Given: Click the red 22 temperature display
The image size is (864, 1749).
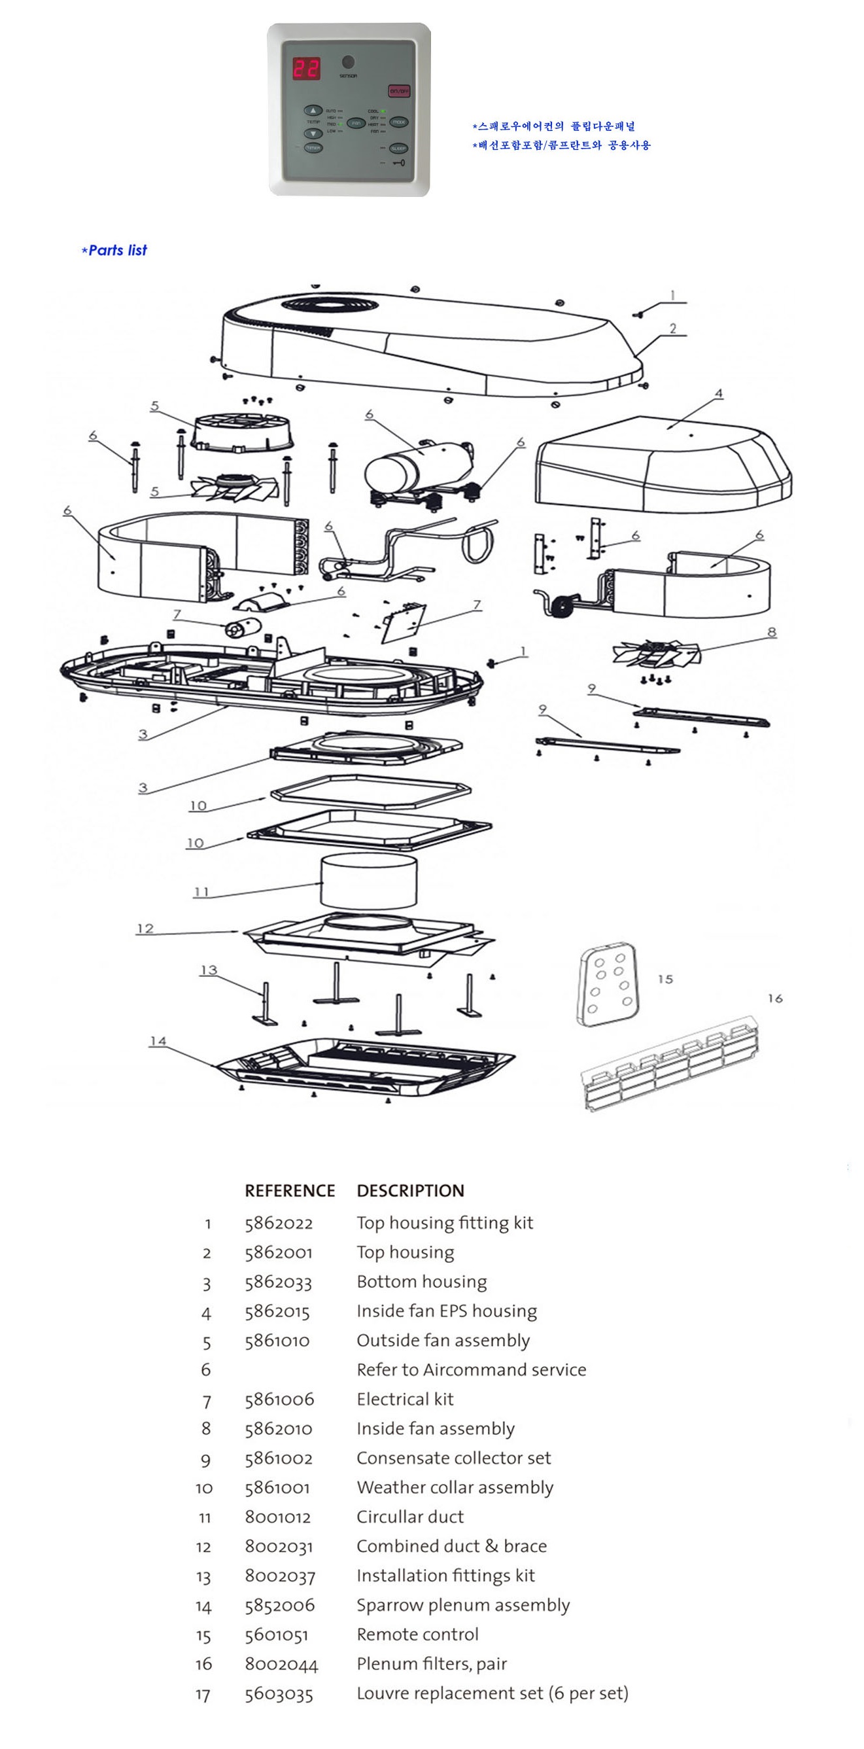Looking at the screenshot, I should click(x=306, y=69).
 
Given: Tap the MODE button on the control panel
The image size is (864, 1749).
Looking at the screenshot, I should click(x=398, y=122).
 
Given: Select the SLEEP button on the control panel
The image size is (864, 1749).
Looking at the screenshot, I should click(x=398, y=148).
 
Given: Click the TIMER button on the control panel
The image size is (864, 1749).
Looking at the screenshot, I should click(x=313, y=148).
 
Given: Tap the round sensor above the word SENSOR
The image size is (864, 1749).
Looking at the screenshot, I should click(x=348, y=62).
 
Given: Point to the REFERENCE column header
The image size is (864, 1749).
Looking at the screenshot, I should click(x=290, y=1191).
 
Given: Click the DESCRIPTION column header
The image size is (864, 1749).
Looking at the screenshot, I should click(x=411, y=1191).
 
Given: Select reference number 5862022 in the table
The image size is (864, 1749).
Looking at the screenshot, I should click(x=279, y=1224).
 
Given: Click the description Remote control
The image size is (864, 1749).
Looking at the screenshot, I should click(x=417, y=1635).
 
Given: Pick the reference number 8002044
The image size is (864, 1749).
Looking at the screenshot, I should click(x=281, y=1664).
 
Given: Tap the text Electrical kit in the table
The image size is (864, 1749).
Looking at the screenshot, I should click(x=406, y=1400).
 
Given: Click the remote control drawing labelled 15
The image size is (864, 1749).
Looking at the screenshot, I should click(x=607, y=984).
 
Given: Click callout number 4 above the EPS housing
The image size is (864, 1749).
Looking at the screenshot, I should click(x=719, y=393).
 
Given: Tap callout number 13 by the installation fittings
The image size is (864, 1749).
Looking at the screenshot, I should click(x=209, y=970).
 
